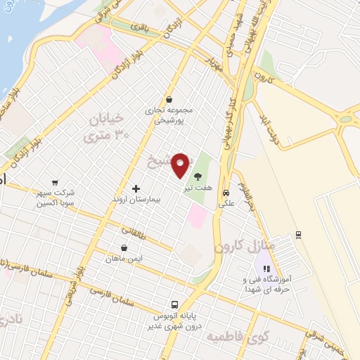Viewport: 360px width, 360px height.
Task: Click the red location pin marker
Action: click(181, 165)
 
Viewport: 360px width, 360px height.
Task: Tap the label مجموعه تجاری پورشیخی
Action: click(168, 115)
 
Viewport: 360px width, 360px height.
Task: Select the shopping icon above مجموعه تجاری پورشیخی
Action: click(169, 100)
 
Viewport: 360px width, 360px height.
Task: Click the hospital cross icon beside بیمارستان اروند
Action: click(136, 188)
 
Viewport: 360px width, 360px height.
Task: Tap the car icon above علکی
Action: click(226, 193)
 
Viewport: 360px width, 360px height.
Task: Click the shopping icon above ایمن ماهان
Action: click(124, 247)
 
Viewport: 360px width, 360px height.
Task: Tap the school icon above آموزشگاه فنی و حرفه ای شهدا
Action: click(266, 269)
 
